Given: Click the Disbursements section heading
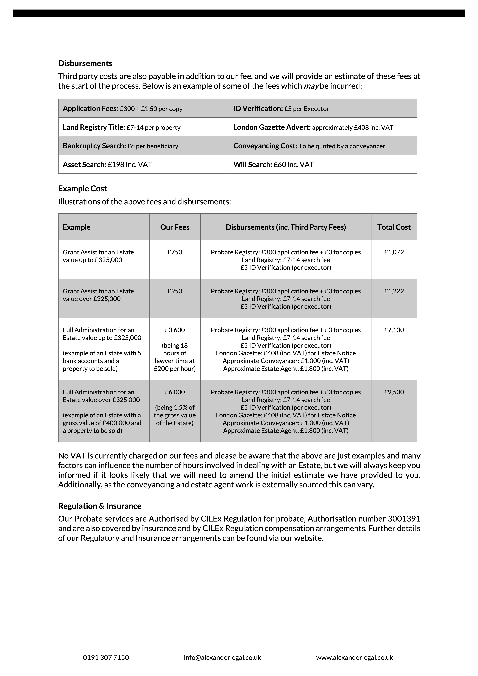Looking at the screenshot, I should (x=85, y=63).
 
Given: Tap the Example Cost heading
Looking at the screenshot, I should (x=82, y=188).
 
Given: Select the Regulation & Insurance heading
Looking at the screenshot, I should (x=100, y=506).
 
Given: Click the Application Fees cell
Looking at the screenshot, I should (x=122, y=109).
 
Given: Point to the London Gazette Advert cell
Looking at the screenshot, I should (x=313, y=127).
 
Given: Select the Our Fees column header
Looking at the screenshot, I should (x=175, y=227).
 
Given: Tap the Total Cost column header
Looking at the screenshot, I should (x=394, y=227).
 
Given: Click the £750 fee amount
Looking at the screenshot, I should (x=175, y=252).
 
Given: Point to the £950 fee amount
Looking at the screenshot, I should (x=175, y=291).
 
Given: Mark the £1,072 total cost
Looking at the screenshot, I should (x=394, y=252).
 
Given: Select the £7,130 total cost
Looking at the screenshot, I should (x=394, y=330).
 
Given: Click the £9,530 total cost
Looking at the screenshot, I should (x=394, y=392).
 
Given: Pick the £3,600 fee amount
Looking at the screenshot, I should (x=175, y=330).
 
